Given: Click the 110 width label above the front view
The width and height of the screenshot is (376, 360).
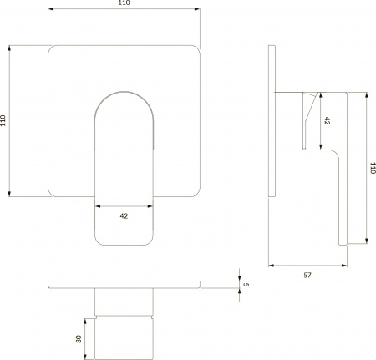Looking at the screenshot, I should coord(124,4).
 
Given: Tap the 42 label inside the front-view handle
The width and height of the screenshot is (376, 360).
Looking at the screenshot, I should coord(124,216).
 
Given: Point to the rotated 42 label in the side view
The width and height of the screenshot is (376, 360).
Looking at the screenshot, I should coord(327,120).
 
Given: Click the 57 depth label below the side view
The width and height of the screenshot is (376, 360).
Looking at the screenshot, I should coord(307,274).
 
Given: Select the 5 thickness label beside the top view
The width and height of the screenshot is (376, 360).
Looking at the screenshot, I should coord(246,285).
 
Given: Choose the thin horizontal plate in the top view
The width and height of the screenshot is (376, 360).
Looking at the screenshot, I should coord(125,285).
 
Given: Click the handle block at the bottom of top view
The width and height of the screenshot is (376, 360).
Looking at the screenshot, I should coord(125,337).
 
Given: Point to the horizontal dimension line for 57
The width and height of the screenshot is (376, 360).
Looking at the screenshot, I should coord(307,266).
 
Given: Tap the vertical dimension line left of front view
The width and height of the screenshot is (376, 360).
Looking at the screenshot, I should coord(11,121).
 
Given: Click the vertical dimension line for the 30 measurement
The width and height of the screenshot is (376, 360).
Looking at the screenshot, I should coord(87,337).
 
